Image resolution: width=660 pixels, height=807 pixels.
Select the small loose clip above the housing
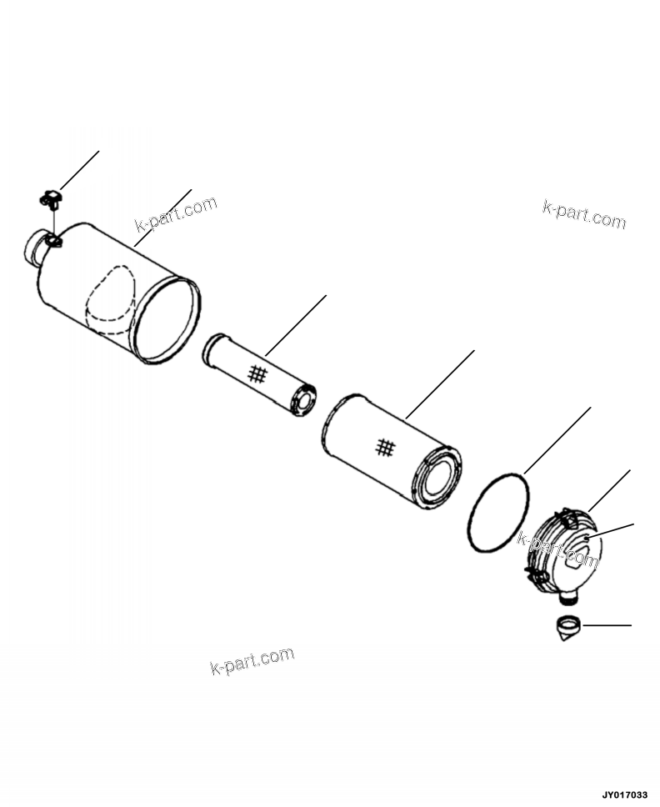pos(52,198)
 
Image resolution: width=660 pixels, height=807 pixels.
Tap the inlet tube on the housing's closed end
pos(34,248)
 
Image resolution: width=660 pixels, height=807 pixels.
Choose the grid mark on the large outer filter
pos(384,448)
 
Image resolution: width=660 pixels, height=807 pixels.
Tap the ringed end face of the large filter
pos(440,478)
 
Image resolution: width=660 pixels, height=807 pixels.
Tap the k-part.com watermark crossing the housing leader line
pos(175,214)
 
